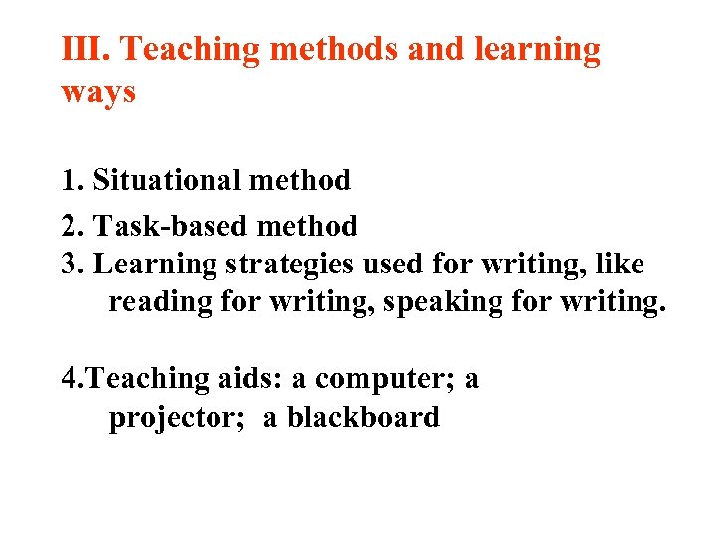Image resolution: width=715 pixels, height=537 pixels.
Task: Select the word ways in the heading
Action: tap(98, 92)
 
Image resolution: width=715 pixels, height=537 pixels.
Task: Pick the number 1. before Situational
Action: tap(71, 180)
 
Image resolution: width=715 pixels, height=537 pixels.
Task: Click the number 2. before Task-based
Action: tap(71, 226)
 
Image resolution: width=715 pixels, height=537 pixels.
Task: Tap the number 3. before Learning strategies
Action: tap(71, 265)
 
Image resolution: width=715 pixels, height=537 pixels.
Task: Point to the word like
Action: tap(618, 265)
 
